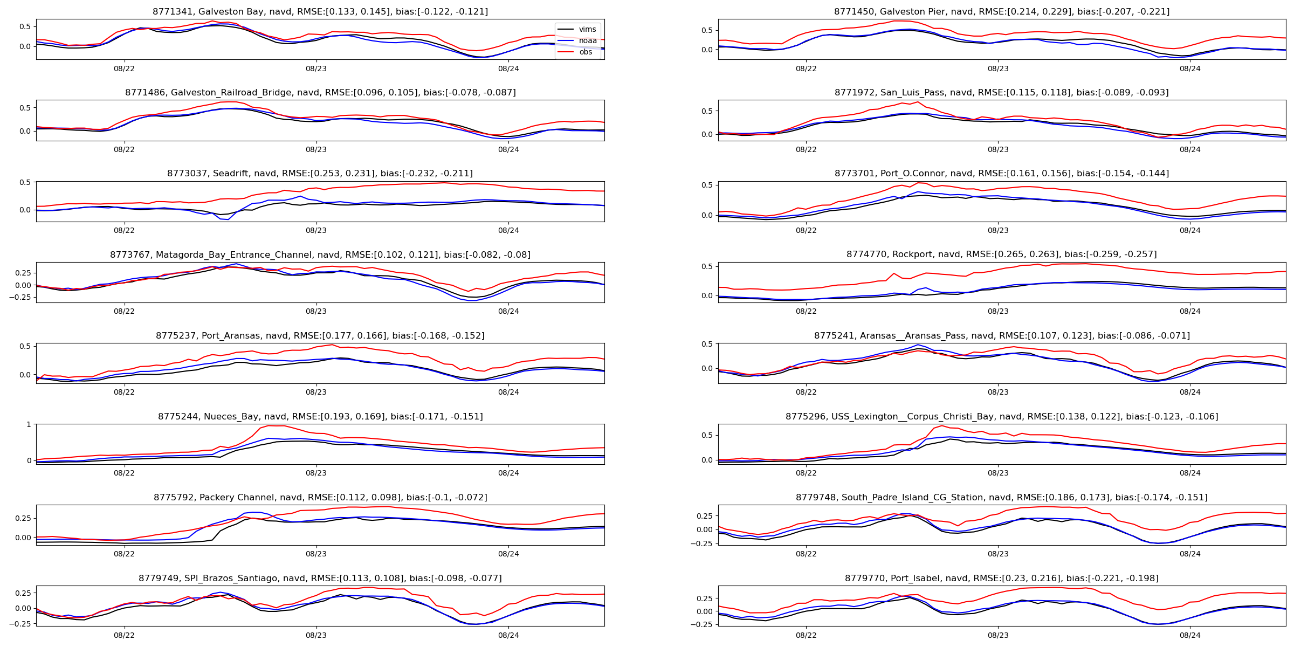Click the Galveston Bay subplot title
pyautogui.click(x=320, y=11)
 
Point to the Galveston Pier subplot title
pyautogui.click(x=1002, y=11)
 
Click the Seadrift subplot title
pyautogui.click(x=320, y=173)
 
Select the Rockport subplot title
pyautogui.click(x=1002, y=254)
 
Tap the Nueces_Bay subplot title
pyautogui.click(x=320, y=416)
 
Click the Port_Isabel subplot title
pyautogui.click(x=1002, y=578)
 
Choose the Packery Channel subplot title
pyautogui.click(x=320, y=497)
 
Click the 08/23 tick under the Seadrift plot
pyautogui.click(x=316, y=230)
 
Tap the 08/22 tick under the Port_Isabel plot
pyautogui.click(x=806, y=635)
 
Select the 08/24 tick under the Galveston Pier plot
pyautogui.click(x=1190, y=68)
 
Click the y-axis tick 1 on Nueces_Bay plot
pyautogui.click(x=29, y=424)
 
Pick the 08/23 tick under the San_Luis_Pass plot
pyautogui.click(x=998, y=149)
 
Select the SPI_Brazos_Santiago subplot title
pyautogui.click(x=320, y=578)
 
